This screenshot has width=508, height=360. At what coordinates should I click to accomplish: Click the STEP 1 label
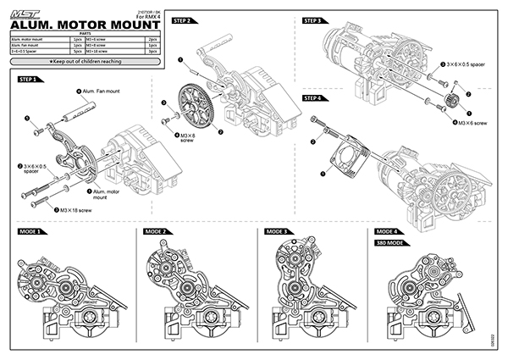point(25,79)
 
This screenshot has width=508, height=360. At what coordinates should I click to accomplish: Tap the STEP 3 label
point(313,19)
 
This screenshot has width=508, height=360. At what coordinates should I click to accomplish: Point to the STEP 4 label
point(313,98)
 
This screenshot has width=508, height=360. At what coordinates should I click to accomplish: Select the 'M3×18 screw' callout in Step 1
point(72,208)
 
